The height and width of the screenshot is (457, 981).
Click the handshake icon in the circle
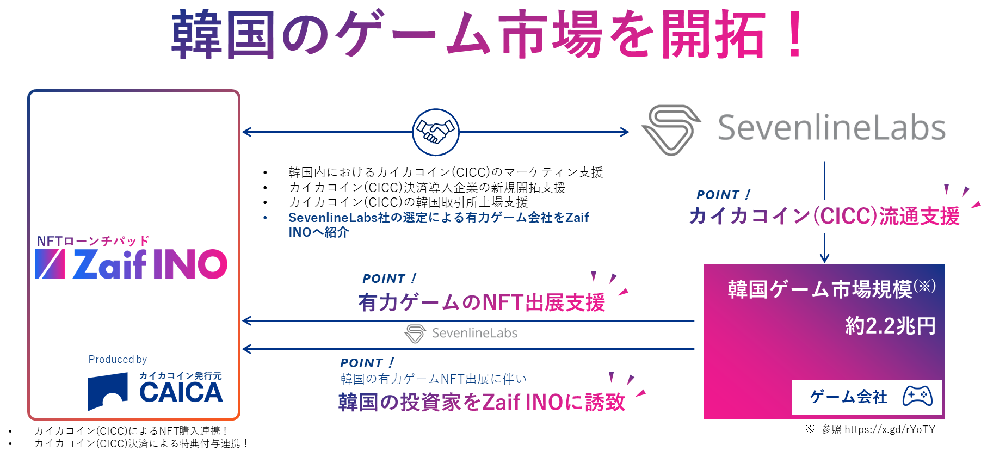[435, 132]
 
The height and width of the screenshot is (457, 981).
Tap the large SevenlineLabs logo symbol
[671, 129]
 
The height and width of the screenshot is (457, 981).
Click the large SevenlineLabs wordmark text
[831, 128]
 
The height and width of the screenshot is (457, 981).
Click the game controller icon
[917, 396]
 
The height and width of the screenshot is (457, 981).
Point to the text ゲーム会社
[848, 397]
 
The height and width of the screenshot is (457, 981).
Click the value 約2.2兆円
[890, 326]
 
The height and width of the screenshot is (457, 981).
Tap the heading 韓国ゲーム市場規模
[820, 289]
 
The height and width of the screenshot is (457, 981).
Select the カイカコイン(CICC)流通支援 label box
[824, 217]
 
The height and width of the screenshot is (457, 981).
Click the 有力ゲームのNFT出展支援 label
[482, 303]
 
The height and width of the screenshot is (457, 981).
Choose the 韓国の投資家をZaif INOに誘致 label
[482, 403]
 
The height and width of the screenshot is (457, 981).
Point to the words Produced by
[118, 359]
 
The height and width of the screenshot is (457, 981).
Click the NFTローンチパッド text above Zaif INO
[93, 241]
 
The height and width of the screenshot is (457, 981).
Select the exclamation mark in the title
[795, 34]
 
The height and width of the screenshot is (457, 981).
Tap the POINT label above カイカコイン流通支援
[723, 194]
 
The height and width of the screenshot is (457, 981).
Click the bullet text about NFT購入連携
[131, 431]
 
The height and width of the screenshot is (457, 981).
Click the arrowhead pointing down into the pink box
[824, 258]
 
